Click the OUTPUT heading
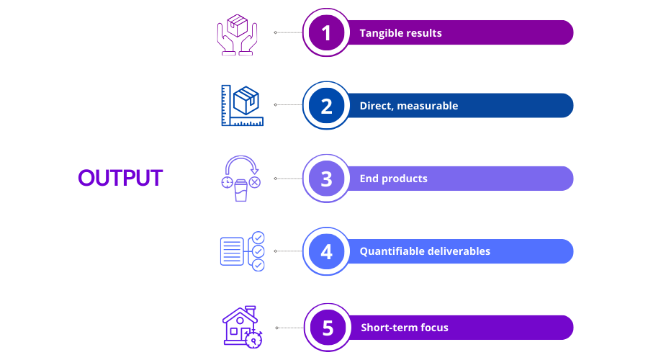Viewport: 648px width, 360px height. (x=120, y=178)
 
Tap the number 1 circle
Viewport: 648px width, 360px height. (x=326, y=32)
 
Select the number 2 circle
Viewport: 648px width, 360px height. (x=326, y=105)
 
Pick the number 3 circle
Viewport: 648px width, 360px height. (x=326, y=179)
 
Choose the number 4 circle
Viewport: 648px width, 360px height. (x=326, y=251)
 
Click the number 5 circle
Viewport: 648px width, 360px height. (x=328, y=328)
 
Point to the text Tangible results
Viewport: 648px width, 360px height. (x=400, y=33)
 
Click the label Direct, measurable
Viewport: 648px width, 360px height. (x=409, y=106)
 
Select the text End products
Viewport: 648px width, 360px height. (x=393, y=179)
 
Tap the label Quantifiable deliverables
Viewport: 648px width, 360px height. (x=425, y=251)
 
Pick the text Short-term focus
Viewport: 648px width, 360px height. (x=405, y=328)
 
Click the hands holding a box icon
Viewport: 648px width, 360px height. (x=237, y=35)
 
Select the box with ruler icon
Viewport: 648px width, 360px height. (x=242, y=105)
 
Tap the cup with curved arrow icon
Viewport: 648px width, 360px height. (x=241, y=179)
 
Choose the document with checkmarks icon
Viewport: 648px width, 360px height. (x=242, y=251)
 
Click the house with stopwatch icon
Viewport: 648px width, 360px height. (x=243, y=328)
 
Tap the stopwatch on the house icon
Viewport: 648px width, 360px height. (x=253, y=340)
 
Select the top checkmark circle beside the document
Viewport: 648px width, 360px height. (x=258, y=238)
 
